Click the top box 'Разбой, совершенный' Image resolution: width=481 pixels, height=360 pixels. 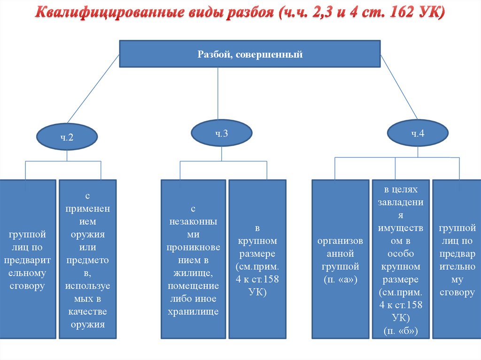tap(249, 55)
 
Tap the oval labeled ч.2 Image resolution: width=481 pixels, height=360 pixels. tap(67, 138)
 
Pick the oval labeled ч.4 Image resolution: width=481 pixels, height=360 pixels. tap(418, 133)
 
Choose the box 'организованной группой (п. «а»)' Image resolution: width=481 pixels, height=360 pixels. tap(340, 259)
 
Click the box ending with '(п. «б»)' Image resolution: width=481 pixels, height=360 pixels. tap(400, 259)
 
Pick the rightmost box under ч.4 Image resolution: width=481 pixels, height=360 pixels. tap(457, 259)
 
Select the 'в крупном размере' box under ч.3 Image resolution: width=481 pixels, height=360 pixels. tap(257, 259)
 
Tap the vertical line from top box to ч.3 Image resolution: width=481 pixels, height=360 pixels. tap(218, 94)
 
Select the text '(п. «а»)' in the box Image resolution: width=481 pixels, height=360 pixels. tap(340, 280)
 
